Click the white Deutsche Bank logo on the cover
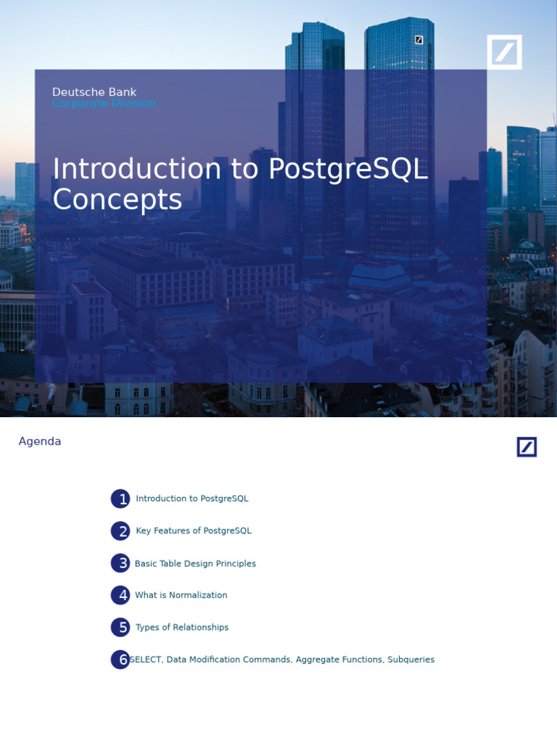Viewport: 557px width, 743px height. coord(504,52)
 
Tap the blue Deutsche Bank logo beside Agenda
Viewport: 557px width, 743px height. coord(527,447)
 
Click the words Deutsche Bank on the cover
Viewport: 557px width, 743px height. coord(94,92)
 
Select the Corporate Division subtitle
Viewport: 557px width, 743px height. coord(104,104)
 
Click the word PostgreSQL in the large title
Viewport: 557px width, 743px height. coord(348,169)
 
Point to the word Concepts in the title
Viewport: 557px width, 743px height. coord(117,200)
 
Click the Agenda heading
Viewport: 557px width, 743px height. coord(40,441)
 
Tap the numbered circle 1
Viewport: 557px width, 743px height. coord(120,499)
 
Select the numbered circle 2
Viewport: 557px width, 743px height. coord(120,531)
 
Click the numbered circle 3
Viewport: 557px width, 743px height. coord(120,563)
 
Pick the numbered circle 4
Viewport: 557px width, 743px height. coord(120,595)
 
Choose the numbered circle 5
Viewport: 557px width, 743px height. coord(120,628)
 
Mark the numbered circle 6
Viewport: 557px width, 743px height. coord(120,660)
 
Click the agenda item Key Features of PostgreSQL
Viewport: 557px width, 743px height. coord(194,531)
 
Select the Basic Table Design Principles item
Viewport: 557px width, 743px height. coord(195,564)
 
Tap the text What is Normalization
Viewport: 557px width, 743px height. coord(181,595)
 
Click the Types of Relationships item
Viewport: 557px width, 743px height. coord(182,628)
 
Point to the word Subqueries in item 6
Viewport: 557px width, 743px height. coord(410,660)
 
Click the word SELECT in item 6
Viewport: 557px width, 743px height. coord(147,660)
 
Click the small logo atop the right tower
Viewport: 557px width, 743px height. coord(419,40)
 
